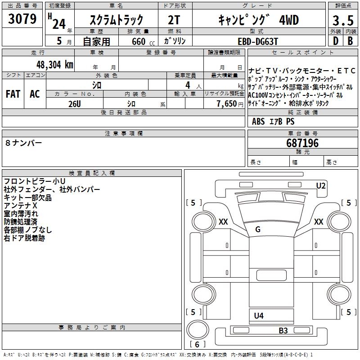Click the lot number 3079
click(22, 20)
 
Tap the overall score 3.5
click(342, 21)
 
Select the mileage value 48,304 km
click(49, 64)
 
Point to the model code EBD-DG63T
click(257, 41)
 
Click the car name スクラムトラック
click(117, 20)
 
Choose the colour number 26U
click(75, 104)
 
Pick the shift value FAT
click(13, 94)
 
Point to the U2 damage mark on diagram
click(320, 185)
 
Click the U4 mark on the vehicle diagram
click(259, 315)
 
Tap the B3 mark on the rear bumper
click(283, 331)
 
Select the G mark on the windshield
click(258, 229)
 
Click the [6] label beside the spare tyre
click(197, 344)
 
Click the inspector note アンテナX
click(21, 205)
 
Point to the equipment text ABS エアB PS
click(273, 121)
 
